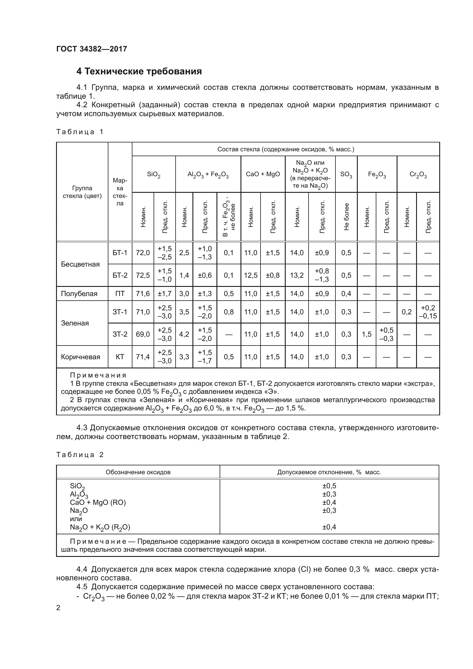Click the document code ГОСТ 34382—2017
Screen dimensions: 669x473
coord(92,49)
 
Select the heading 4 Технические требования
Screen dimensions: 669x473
coord(139,71)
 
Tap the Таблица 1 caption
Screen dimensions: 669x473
coord(80,132)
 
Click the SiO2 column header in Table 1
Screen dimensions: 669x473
coord(154,174)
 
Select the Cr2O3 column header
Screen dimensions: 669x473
coord(418,174)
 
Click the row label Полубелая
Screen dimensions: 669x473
coord(79,293)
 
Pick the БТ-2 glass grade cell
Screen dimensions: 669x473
coord(120,275)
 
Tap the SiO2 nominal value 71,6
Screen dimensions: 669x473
coord(143,293)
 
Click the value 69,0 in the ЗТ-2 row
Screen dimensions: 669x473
coord(143,334)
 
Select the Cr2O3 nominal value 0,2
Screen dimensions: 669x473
coord(407,312)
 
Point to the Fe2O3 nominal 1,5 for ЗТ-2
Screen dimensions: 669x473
coord(366,334)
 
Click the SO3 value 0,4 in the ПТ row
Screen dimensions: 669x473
coord(346,293)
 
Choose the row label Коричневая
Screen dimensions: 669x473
coord(80,357)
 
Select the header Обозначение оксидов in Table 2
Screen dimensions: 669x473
coord(138,472)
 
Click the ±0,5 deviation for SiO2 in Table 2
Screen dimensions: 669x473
coord(329,486)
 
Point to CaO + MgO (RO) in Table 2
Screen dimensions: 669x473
coord(98,502)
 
